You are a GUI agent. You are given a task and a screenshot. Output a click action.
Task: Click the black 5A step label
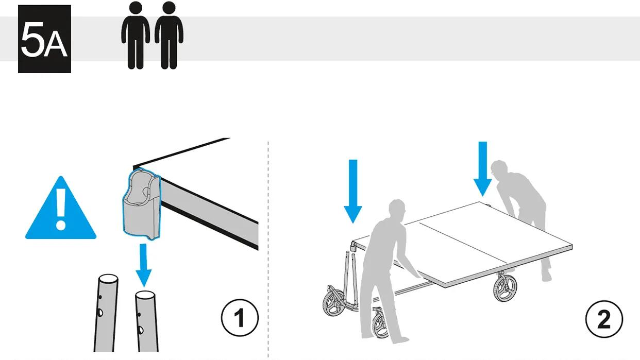[44, 39]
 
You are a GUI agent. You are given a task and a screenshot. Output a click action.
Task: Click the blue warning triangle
[61, 211]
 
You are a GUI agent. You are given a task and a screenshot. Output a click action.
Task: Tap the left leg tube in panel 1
[106, 314]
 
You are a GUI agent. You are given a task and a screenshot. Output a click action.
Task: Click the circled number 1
[240, 318]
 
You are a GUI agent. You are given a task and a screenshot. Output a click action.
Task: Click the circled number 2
[604, 319]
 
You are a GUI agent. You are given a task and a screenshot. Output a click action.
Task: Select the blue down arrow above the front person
[353, 191]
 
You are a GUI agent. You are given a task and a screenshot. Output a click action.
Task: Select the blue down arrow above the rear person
[483, 168]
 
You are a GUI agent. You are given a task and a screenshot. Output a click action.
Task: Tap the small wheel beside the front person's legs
[381, 324]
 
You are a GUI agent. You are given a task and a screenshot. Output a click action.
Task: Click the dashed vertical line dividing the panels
[268, 247]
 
